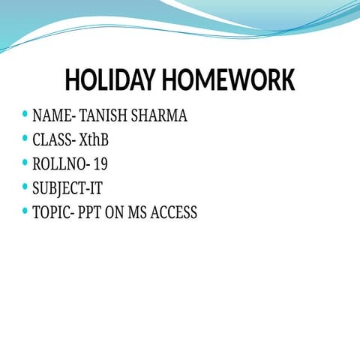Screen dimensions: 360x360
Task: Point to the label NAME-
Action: [x=53, y=116]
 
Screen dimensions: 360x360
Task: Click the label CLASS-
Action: [x=54, y=140]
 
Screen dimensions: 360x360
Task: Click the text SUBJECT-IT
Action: [x=67, y=188]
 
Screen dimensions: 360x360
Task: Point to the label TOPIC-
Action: [x=53, y=212]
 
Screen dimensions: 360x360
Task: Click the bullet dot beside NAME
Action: [x=25, y=115]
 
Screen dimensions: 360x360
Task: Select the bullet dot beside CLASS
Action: [x=25, y=139]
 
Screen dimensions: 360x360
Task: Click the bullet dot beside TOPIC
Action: [x=25, y=211]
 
